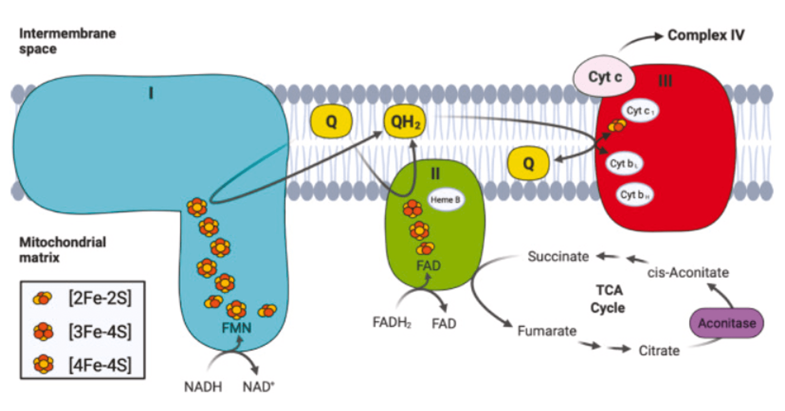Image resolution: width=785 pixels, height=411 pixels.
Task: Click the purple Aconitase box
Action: point(726,323)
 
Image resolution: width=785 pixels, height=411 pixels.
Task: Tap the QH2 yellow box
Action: point(405,121)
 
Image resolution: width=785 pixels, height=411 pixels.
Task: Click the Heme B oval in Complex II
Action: point(445,200)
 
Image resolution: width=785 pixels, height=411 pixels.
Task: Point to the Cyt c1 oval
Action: point(640,111)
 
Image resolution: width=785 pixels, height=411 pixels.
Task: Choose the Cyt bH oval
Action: point(635,195)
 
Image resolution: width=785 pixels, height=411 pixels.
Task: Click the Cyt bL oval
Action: point(624,164)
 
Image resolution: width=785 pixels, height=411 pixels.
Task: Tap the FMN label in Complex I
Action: point(237,328)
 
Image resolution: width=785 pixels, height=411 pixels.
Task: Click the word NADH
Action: point(203,387)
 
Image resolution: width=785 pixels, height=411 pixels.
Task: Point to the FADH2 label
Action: point(392,323)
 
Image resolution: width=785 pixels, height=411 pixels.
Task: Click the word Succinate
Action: point(558,256)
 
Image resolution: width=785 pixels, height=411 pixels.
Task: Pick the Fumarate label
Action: point(547,331)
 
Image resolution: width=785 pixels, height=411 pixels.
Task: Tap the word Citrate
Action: point(659,351)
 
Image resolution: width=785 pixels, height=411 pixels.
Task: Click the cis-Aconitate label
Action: point(688,272)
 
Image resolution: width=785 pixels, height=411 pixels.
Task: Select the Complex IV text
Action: point(706,35)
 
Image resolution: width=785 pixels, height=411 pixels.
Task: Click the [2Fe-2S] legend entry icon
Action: point(42,298)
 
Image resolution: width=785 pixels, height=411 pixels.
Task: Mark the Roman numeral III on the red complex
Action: point(665,81)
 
